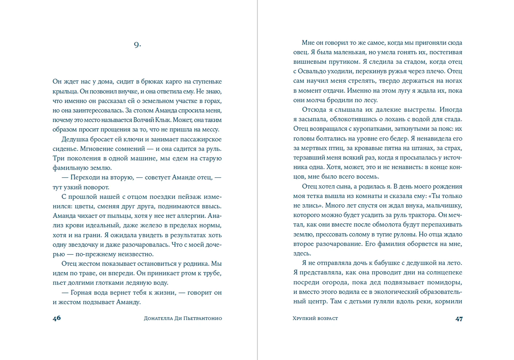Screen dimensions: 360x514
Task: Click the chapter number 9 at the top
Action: [137, 45]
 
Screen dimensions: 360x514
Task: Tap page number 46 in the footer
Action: [57, 318]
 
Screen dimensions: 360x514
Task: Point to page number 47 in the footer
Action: [459, 319]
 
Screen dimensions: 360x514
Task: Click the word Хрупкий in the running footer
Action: [304, 318]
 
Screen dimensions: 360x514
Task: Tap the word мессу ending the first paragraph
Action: [210, 129]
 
